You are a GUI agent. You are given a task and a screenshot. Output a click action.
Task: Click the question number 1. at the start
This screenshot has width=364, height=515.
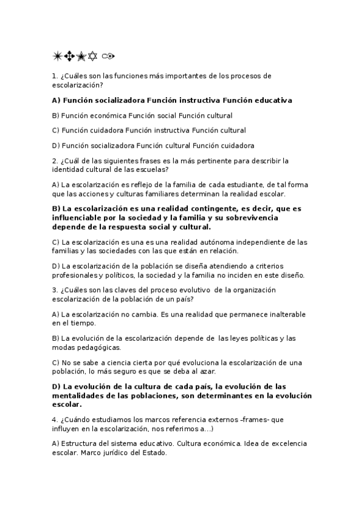[55, 76]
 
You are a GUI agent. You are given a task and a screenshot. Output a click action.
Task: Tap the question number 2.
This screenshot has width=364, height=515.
[55, 161]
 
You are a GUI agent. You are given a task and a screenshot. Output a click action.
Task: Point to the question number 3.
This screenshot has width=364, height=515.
[55, 290]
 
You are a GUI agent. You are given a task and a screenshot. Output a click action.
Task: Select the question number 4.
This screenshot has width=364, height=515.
[55, 420]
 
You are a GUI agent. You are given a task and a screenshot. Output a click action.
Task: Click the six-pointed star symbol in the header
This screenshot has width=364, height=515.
[94, 56]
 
